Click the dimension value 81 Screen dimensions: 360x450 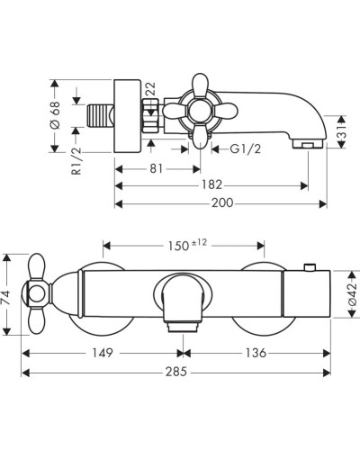coord(156,168)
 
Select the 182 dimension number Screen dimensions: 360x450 coord(211,184)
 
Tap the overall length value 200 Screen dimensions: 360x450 coord(222,203)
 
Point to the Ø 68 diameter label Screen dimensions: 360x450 coord(56,115)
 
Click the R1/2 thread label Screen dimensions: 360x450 coord(76,161)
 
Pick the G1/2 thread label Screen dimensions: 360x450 coord(246,148)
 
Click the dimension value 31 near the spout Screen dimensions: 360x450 coord(341,131)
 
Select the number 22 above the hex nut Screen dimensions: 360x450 coord(151,89)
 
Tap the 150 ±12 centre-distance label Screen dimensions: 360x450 coord(187,246)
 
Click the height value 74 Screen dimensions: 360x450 coord(7,297)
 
